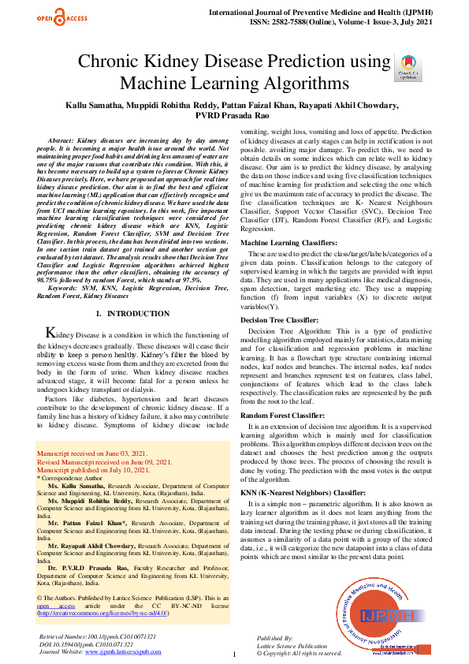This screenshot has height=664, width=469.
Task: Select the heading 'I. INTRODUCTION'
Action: click(126, 314)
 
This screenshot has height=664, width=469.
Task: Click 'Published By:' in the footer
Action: click(275, 636)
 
